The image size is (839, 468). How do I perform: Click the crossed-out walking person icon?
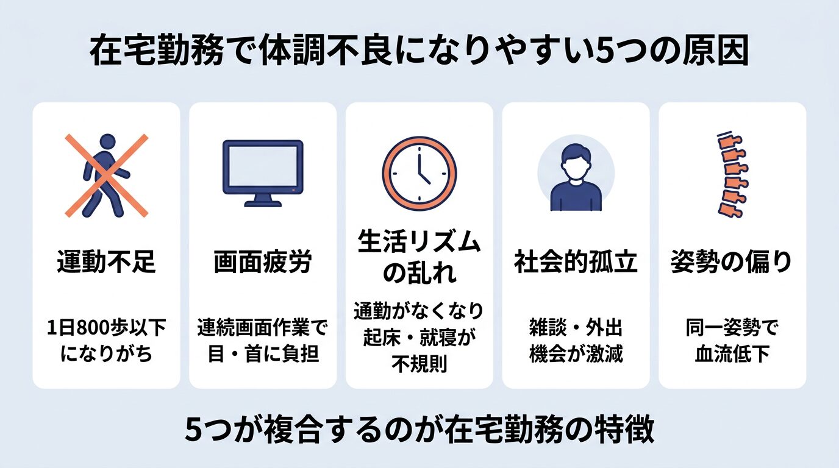click(x=106, y=175)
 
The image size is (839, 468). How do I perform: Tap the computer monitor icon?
click(x=263, y=172)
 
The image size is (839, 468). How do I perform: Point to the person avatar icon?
click(x=576, y=173)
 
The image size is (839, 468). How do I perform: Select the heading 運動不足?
click(x=106, y=263)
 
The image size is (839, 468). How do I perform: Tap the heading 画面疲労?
click(x=263, y=263)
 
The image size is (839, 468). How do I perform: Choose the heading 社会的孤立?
click(x=576, y=263)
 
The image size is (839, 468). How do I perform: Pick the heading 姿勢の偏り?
click(x=732, y=263)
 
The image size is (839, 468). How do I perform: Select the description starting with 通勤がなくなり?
click(x=419, y=338)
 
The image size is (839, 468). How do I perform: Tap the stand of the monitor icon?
click(x=263, y=200)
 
